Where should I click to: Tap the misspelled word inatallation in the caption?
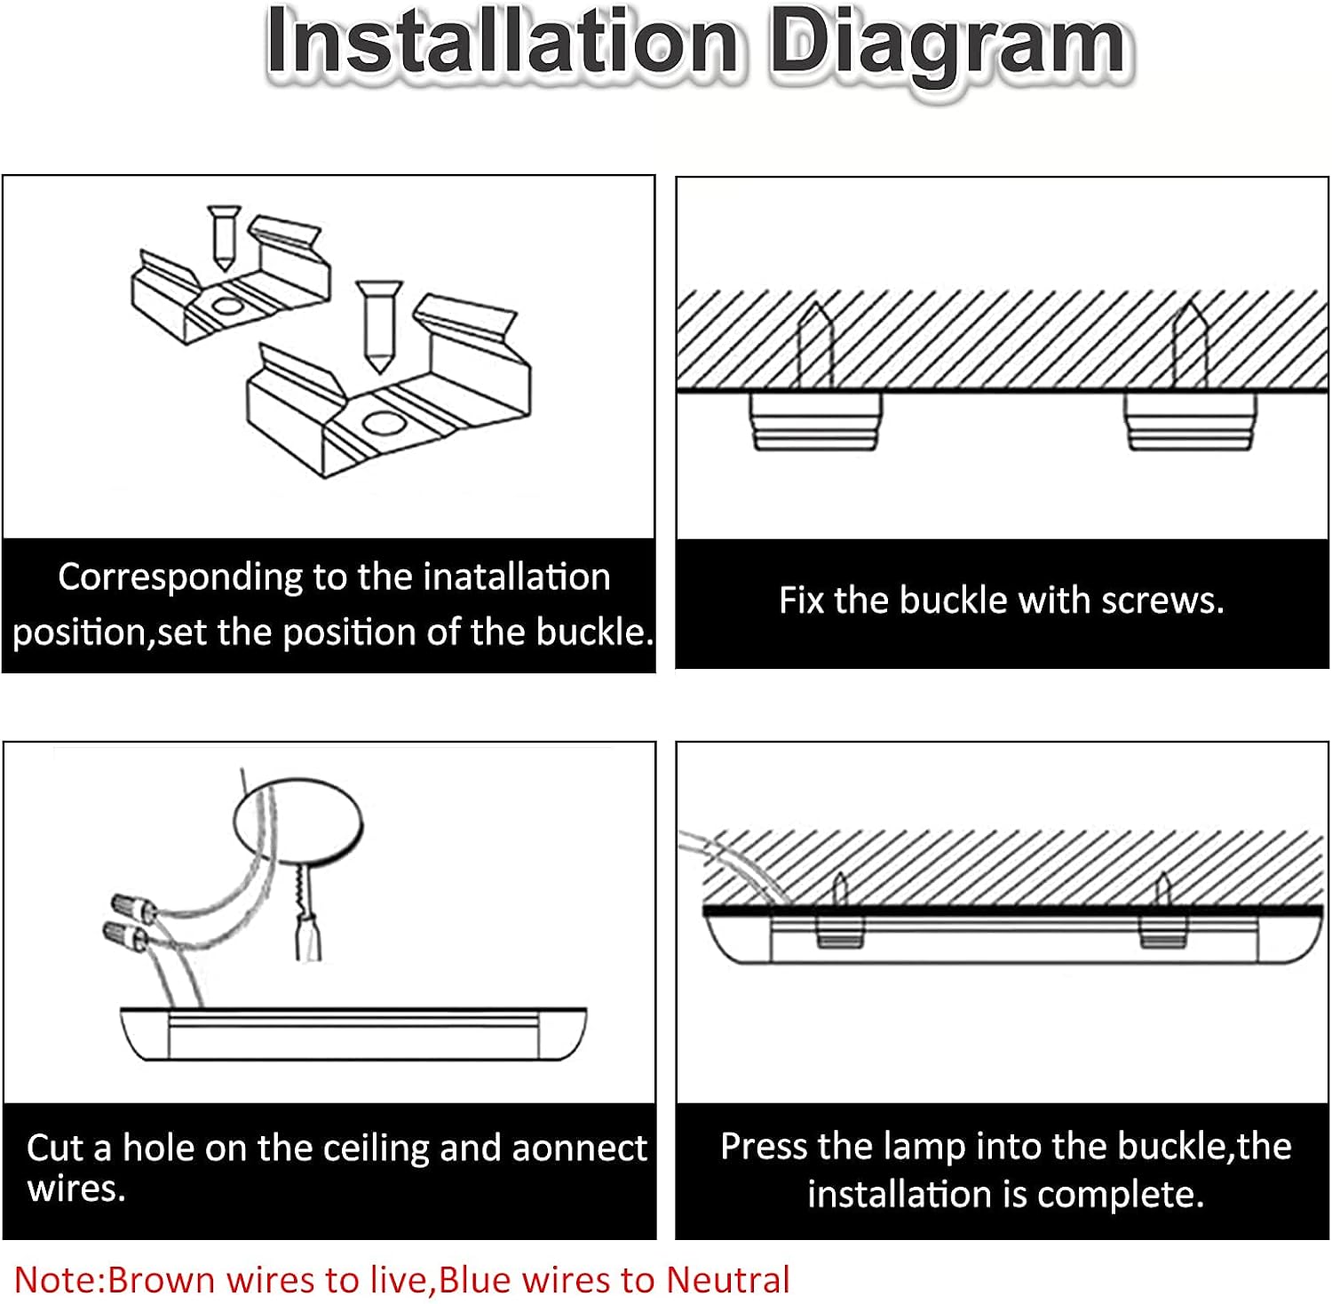pos(517,577)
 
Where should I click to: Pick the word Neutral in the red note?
pos(728,1280)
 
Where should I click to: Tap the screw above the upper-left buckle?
pos(223,237)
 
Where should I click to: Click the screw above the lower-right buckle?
pos(379,326)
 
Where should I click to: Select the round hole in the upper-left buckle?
pos(227,307)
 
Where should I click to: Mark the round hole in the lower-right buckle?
pos(380,423)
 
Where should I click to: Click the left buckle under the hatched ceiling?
pos(816,420)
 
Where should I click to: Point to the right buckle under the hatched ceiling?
pos(1191,420)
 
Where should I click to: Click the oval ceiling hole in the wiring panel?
pos(298,820)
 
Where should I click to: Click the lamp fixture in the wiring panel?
pos(353,1034)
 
